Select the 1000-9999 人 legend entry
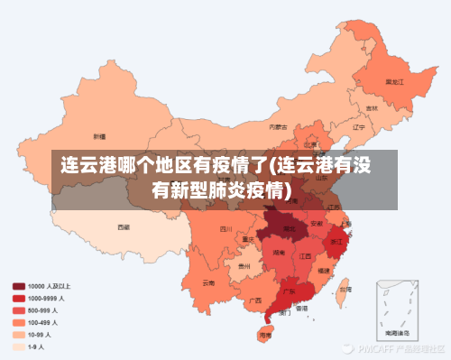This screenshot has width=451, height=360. click(41, 298)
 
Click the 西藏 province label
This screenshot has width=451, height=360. click(124, 228)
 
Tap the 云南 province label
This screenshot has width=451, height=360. click(208, 282)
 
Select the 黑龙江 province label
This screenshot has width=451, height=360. click(394, 81)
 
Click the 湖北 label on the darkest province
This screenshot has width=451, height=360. click(289, 229)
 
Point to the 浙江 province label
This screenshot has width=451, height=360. click(337, 243)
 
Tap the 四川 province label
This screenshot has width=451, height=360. click(225, 229)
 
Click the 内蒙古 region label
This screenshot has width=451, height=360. click(281, 127)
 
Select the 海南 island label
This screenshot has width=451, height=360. click(264, 335)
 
